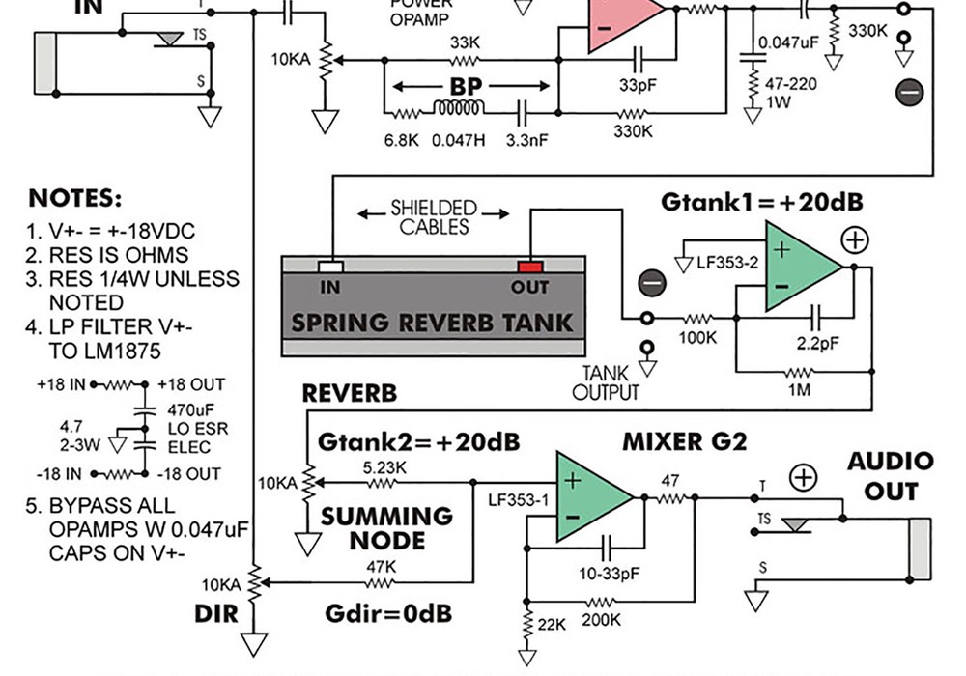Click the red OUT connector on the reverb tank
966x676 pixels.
(530, 266)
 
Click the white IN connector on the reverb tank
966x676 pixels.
(331, 266)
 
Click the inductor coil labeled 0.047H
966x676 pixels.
(459, 108)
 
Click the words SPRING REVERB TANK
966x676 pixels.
(432, 323)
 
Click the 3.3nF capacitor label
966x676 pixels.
(526, 140)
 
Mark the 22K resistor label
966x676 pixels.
(551, 625)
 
